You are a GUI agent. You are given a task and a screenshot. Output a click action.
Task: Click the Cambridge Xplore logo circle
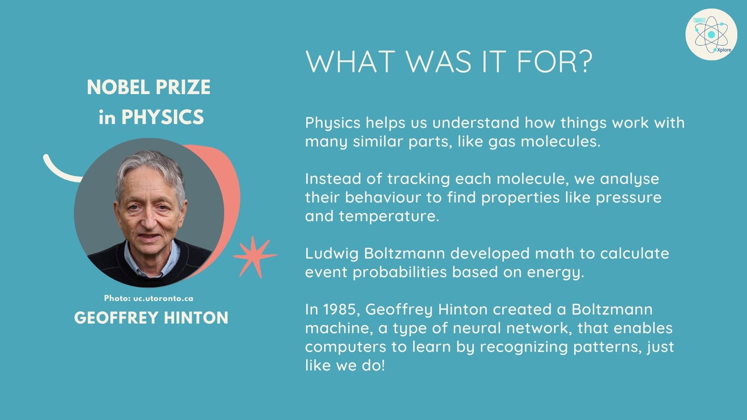pos(711,35)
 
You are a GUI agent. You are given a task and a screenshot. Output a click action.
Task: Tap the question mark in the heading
pos(582,61)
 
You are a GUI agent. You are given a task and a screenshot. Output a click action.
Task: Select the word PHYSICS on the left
pos(163,117)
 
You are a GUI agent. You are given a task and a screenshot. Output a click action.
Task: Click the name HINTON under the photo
pos(196,318)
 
